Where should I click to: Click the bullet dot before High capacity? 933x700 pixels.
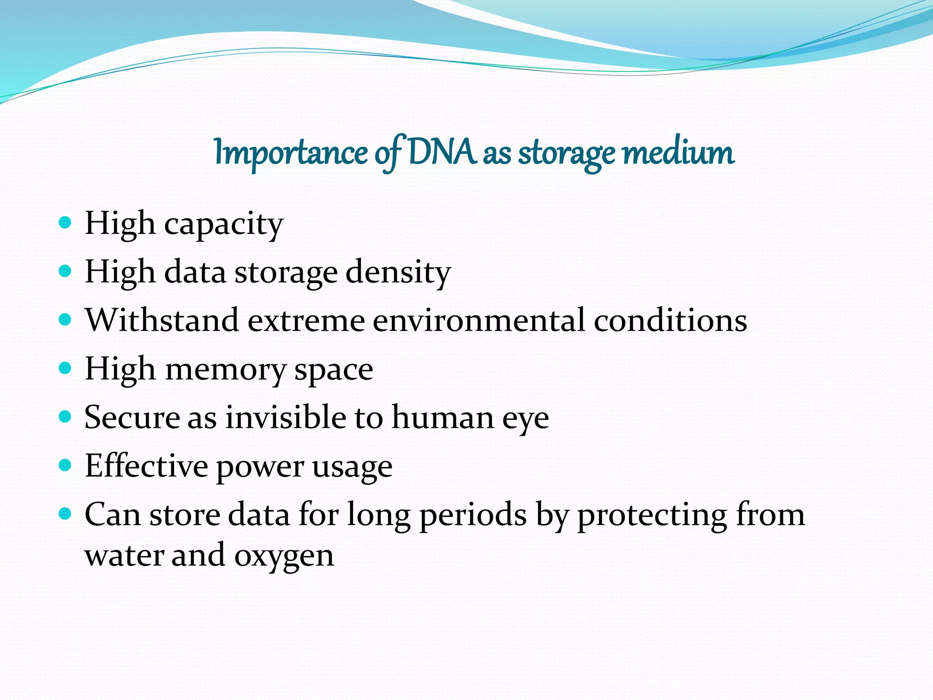pos(66,223)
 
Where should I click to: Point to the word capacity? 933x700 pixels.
pos(224,225)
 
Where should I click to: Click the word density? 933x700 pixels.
pos(398,273)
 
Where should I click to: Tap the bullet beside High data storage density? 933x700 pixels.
pos(66,272)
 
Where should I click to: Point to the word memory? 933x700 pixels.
pos(225,370)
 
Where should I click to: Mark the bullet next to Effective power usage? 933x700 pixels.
pos(66,465)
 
